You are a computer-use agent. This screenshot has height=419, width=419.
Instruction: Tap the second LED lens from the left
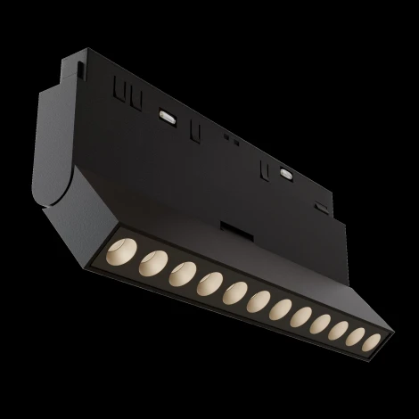[150, 261]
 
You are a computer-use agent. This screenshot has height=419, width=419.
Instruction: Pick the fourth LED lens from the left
[210, 282]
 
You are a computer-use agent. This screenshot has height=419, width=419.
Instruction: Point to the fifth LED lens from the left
[235, 291]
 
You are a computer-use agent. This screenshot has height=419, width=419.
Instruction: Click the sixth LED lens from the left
[259, 299]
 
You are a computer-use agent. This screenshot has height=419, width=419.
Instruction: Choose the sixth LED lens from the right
[282, 308]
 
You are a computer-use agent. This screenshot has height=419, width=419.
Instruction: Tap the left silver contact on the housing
[166, 114]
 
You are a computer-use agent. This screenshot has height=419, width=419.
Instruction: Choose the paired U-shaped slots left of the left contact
[126, 91]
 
